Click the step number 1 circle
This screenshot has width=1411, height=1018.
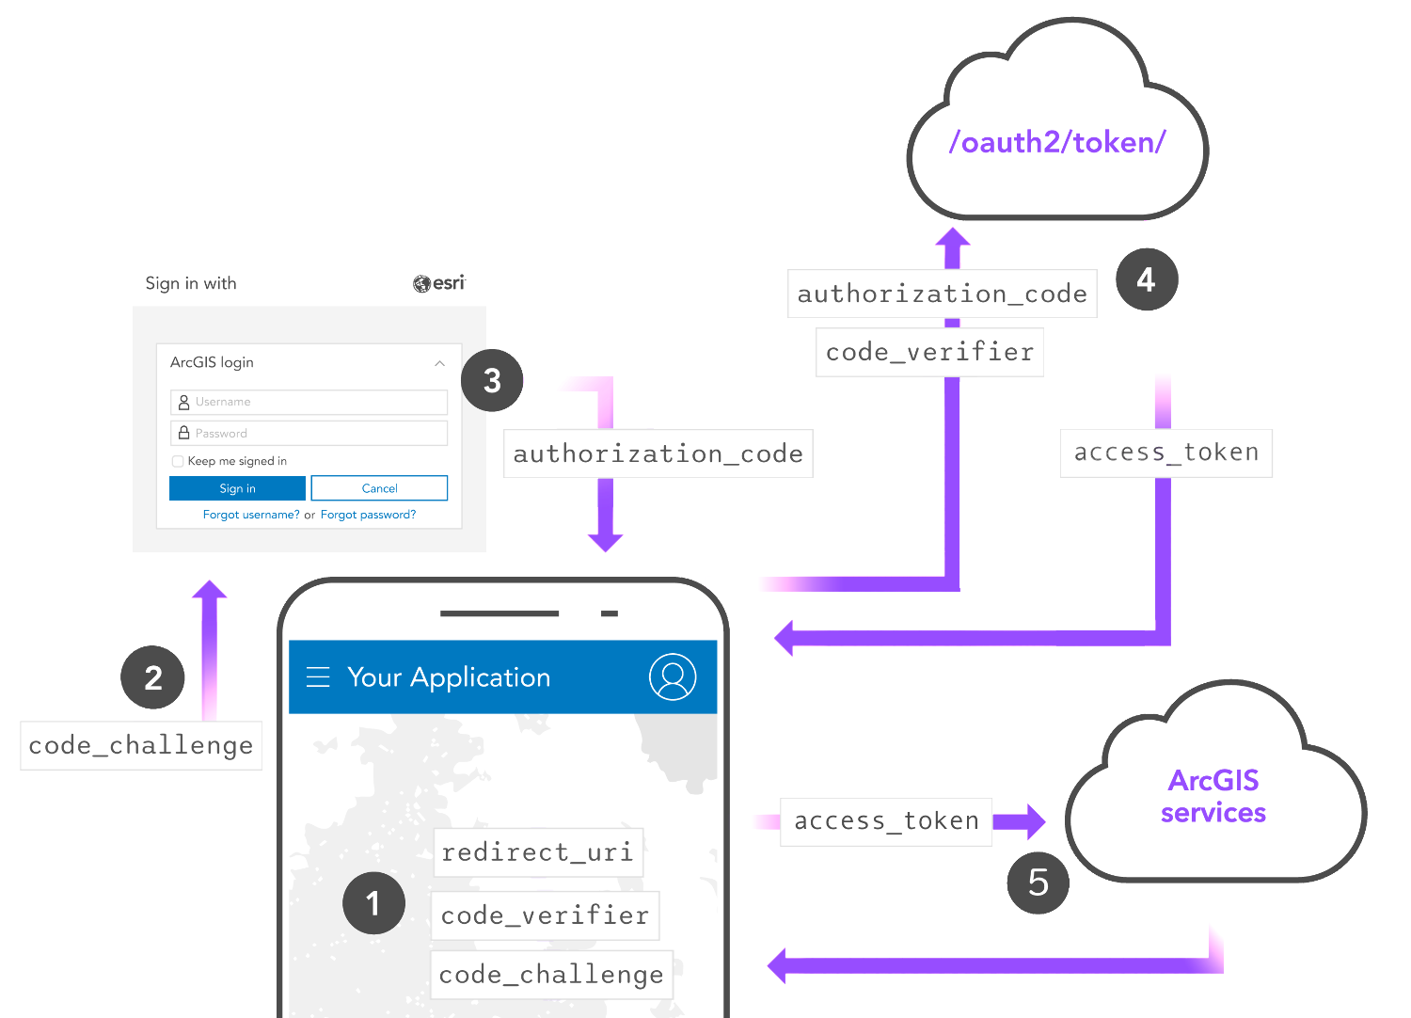tap(373, 902)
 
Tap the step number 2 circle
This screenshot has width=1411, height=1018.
tap(152, 677)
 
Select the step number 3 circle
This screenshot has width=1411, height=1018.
tap(492, 380)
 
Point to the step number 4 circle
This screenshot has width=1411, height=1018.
tap(1147, 279)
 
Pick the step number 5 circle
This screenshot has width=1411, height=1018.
tap(1038, 882)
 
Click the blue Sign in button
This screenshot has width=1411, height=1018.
tap(237, 488)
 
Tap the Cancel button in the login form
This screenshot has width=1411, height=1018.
tap(379, 488)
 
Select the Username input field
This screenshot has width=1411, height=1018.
tap(309, 402)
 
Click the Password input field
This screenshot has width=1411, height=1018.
tap(309, 434)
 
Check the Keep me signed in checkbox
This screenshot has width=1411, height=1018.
tap(178, 461)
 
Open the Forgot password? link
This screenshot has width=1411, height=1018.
tap(368, 515)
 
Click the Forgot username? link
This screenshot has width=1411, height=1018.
tap(251, 515)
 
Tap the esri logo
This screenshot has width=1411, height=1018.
tap(439, 283)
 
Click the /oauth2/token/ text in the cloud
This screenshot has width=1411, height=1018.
tap(1057, 142)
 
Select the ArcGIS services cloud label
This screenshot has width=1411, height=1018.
tap(1213, 796)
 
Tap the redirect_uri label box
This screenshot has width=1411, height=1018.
tap(538, 852)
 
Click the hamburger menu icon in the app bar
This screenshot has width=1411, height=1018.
tap(318, 676)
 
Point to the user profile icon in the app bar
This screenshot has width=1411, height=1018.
tap(673, 676)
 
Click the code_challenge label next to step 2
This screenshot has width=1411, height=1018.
tap(141, 745)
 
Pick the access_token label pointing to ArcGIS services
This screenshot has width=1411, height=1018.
tap(886, 821)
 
